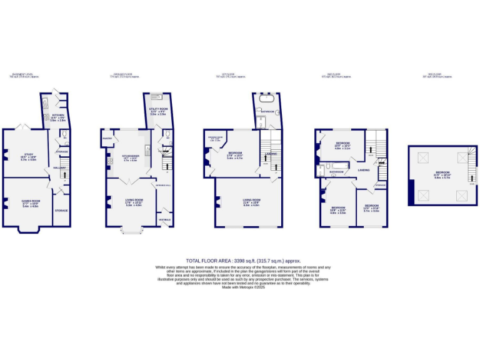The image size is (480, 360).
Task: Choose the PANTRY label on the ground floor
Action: (x=107, y=139)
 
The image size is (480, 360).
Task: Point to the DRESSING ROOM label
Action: (x=215, y=137)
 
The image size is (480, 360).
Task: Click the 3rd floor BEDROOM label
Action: (x=442, y=172)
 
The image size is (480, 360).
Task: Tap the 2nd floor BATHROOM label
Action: (x=337, y=171)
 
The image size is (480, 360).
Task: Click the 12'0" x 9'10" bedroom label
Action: (x=372, y=206)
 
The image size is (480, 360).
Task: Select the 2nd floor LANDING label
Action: (x=363, y=169)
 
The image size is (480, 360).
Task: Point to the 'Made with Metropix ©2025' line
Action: (x=243, y=287)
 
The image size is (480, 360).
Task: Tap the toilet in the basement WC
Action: (x=64, y=134)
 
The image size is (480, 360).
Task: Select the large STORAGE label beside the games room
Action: (x=61, y=211)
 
